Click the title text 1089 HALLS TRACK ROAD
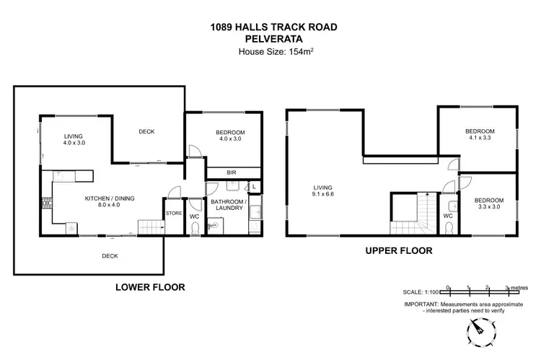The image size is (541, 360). click(270, 27)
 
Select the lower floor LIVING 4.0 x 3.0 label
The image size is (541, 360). click(74, 139)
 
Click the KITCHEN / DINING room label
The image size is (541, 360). click(110, 202)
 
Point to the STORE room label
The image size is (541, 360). click(174, 214)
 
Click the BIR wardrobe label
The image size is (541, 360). click(231, 173)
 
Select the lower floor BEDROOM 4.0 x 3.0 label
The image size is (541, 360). click(230, 136)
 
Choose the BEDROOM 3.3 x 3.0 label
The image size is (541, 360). click(488, 203)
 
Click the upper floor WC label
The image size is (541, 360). click(448, 215)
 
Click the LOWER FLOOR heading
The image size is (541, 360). click(150, 287)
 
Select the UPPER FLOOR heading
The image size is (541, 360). click(397, 252)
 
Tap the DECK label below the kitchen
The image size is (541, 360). click(109, 255)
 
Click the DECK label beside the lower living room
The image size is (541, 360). click(146, 131)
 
